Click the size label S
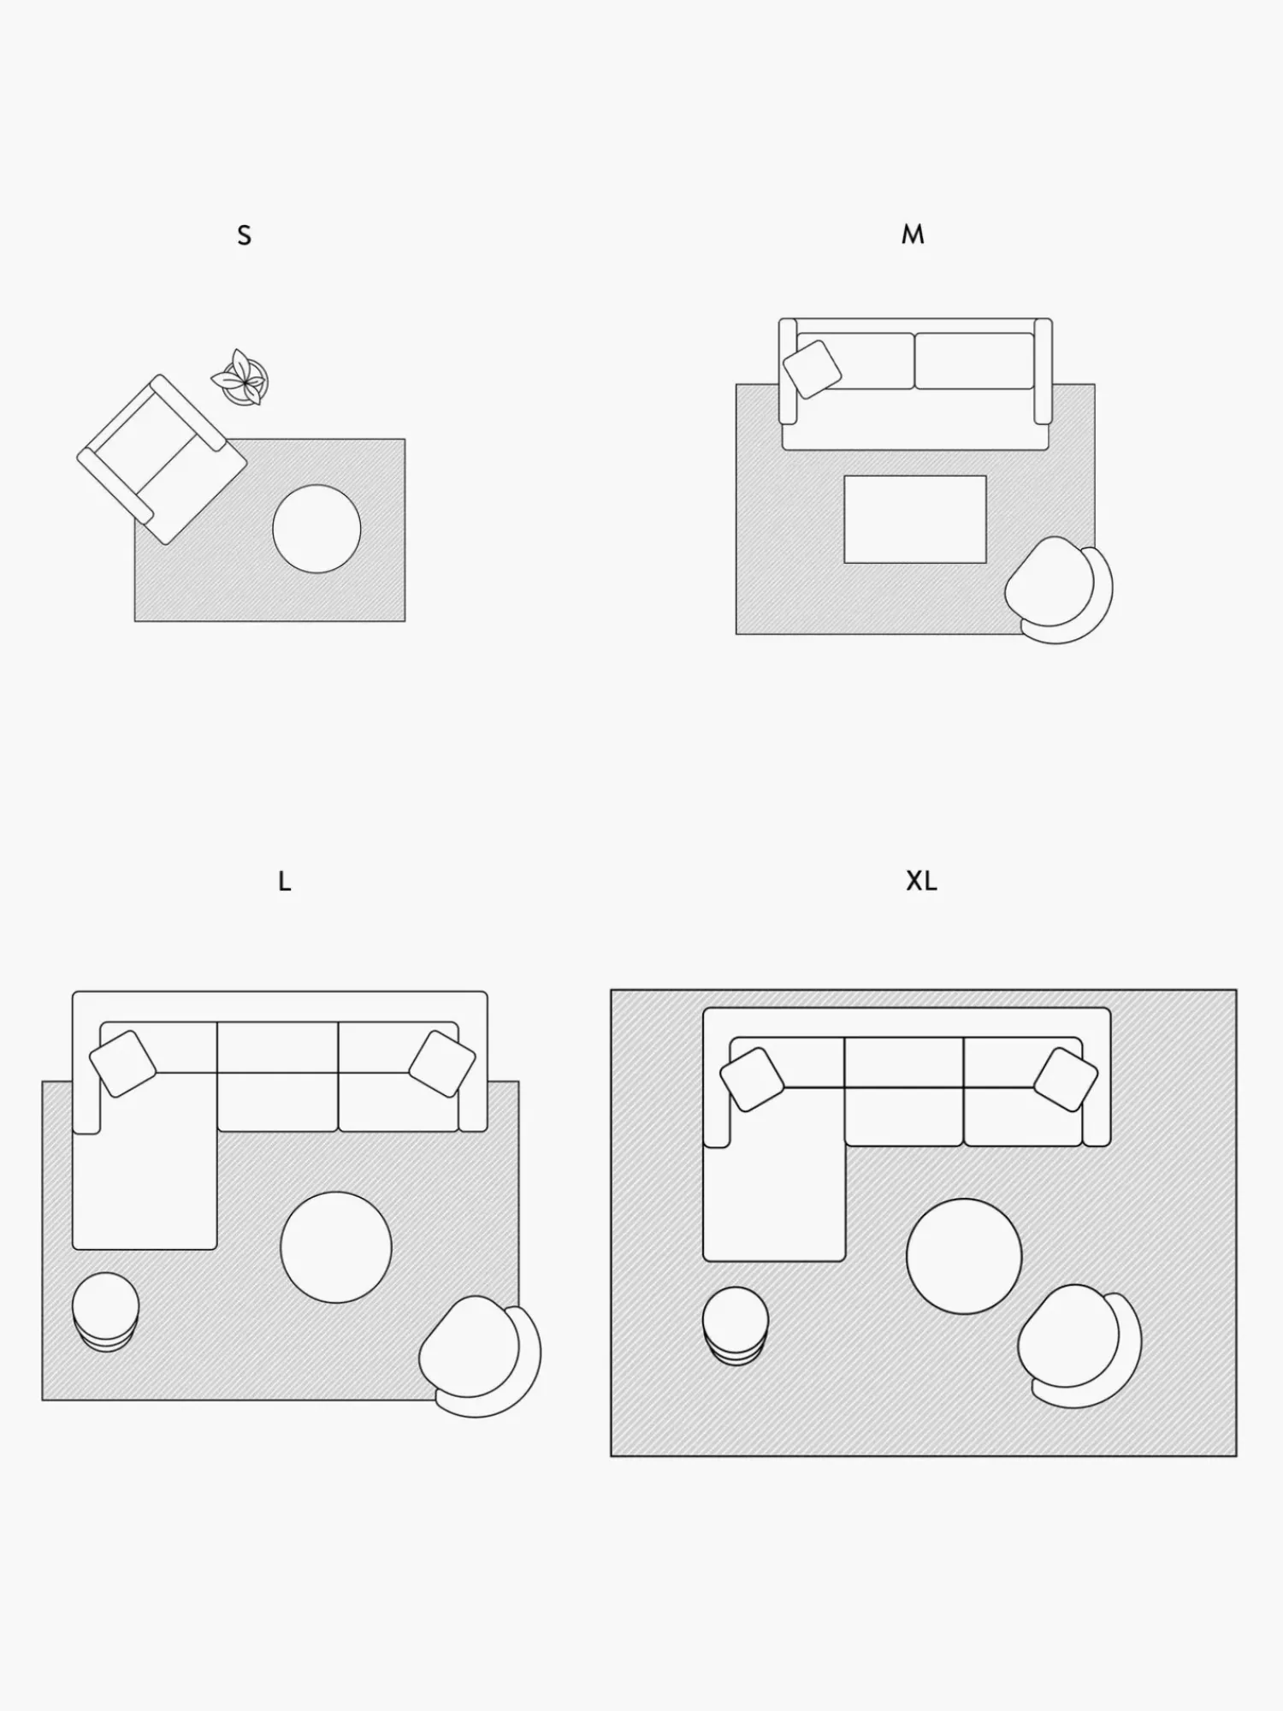coord(245,235)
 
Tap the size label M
coord(913,234)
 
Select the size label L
coord(285,881)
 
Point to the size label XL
coord(921,881)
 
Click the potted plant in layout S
coord(240,377)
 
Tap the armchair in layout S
coord(162,459)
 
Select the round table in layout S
coord(316,529)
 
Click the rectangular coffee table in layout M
coord(915,519)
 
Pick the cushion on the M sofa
coord(812,369)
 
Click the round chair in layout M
coord(1059,589)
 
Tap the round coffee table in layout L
coord(336,1247)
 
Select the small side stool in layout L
coord(105,1311)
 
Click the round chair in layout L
coord(479,1356)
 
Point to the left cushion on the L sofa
coord(123,1063)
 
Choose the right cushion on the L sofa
coord(442,1063)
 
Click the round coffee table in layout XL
coord(964,1256)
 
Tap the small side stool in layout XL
coord(736,1325)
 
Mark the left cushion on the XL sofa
coord(753,1080)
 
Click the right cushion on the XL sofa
coord(1066,1080)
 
